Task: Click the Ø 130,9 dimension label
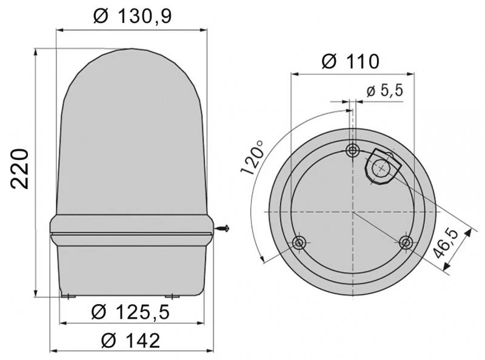pos(132,16)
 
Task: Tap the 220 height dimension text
pos(19,169)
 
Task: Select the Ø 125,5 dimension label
pos(130,312)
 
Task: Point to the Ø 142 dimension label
pos(130,341)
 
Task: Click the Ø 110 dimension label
pos(350,61)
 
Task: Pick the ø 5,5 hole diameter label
pos(385,91)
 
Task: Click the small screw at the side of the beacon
pos(222,229)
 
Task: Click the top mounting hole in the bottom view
pos(353,151)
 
